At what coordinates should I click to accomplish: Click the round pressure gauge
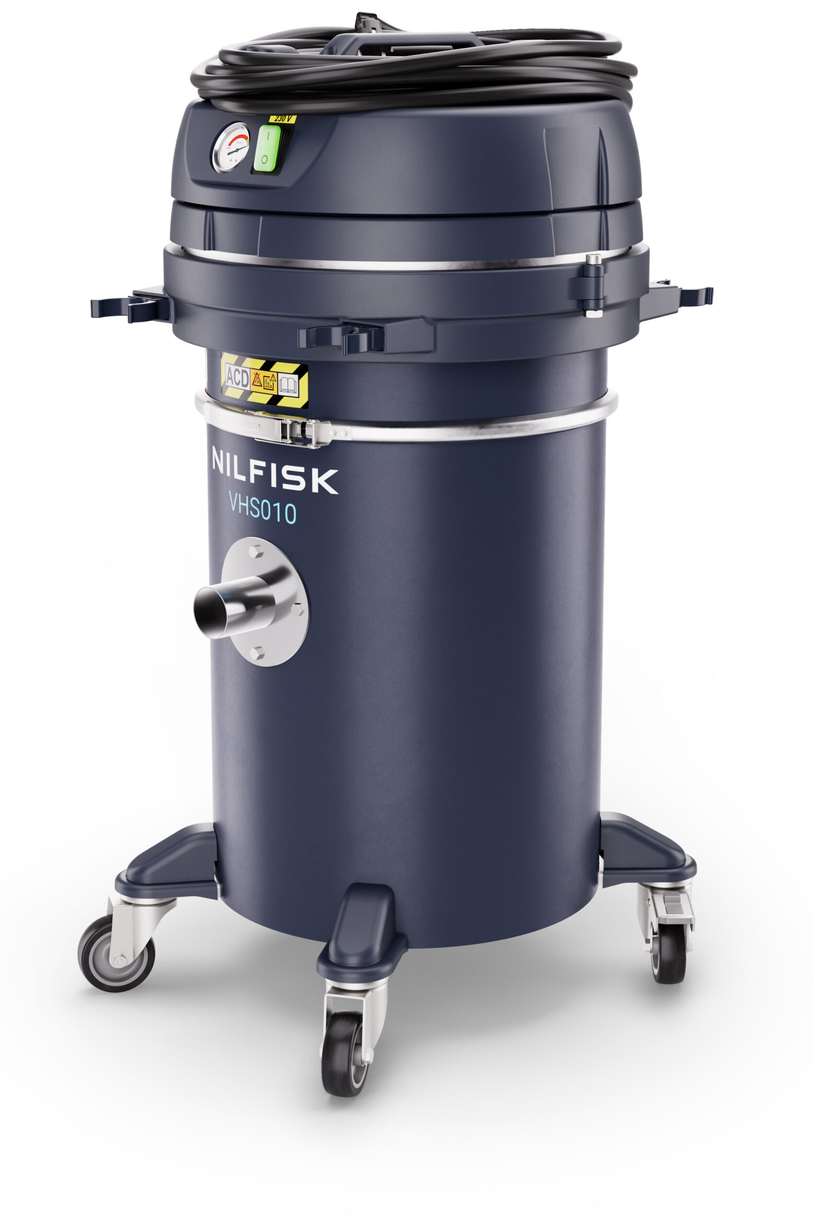[x=231, y=148]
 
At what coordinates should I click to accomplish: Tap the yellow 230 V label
[x=282, y=119]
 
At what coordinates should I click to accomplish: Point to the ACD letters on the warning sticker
[x=237, y=377]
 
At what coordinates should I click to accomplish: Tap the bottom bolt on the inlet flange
[x=256, y=653]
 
